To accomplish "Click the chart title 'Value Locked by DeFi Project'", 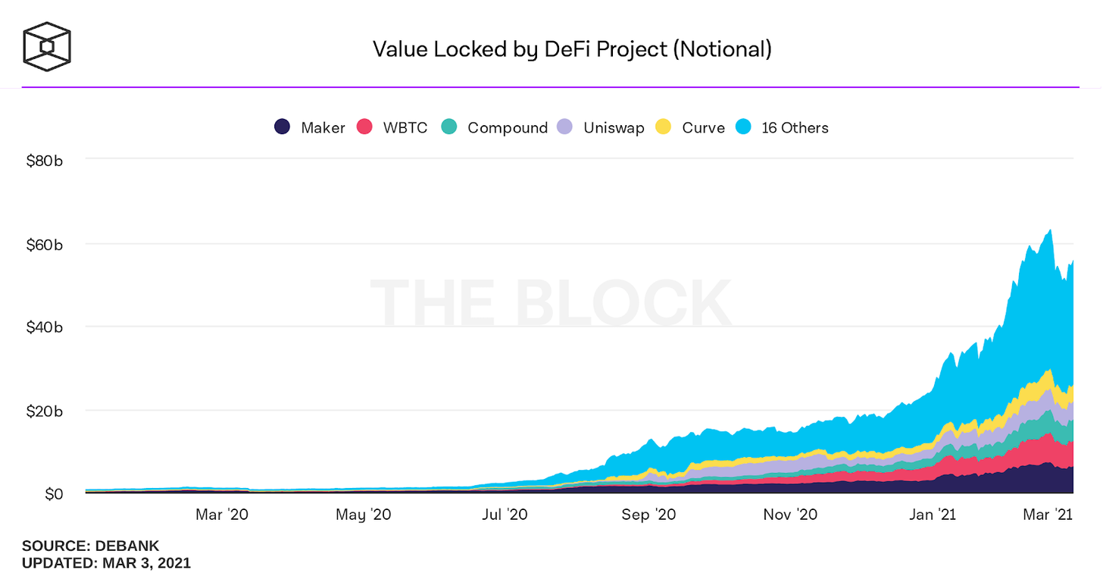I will (572, 49).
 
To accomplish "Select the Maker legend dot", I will (283, 127).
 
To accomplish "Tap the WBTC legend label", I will (405, 128).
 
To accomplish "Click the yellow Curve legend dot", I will (664, 127).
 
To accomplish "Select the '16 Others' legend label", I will (795, 128).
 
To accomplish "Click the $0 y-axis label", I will (55, 494).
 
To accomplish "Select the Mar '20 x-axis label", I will (221, 515).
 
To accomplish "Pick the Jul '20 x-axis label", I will (505, 515).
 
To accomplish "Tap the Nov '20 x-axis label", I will (790, 515).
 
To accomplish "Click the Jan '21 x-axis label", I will (932, 515).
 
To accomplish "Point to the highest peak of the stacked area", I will (1050, 230).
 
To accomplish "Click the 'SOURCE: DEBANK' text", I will (90, 546).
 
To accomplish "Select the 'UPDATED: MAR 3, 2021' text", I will (106, 563).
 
